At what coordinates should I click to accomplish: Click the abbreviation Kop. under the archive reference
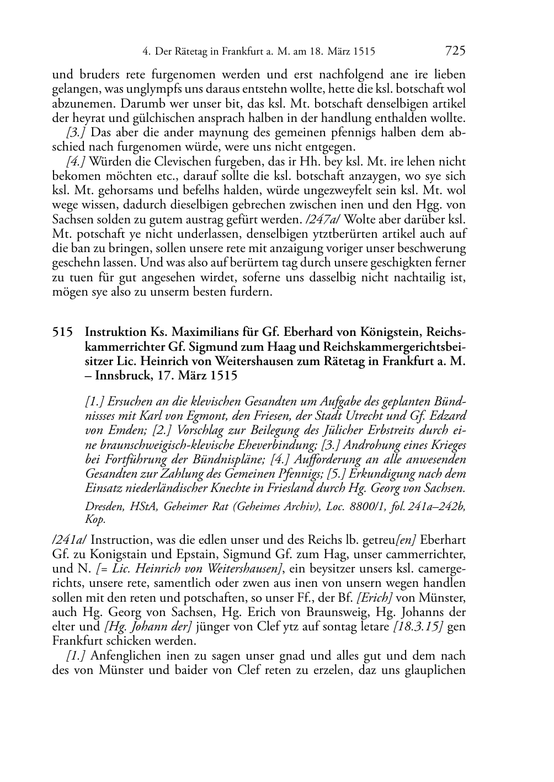point(94,519)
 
